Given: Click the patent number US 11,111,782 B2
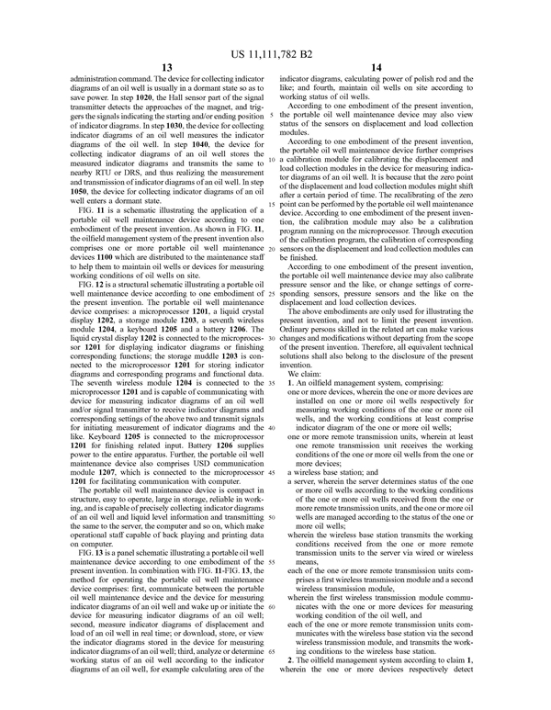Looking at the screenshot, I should coord(275,40).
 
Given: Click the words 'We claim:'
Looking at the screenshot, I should coord(305,375).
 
